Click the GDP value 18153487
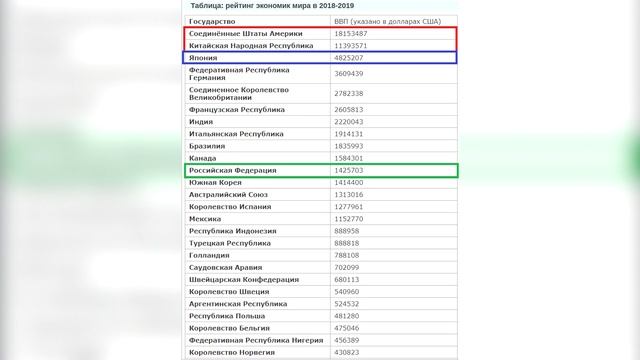click(x=355, y=34)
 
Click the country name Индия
click(x=201, y=120)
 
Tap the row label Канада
click(x=203, y=157)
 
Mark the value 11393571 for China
click(x=355, y=46)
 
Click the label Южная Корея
click(x=216, y=182)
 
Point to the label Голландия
click(x=211, y=255)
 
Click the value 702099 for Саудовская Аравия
click(x=349, y=267)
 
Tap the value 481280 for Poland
click(x=349, y=315)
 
